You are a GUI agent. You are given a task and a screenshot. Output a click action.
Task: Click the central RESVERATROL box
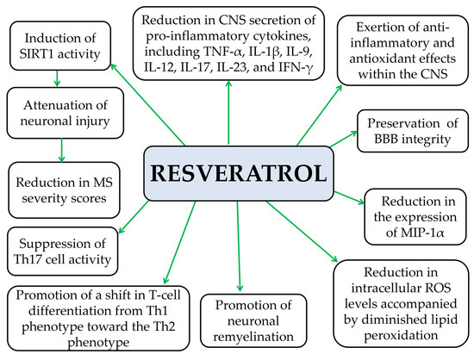tap(239, 173)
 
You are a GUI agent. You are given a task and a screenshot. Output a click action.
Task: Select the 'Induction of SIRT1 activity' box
tap(60, 46)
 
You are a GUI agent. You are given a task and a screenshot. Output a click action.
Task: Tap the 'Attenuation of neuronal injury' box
tap(65, 114)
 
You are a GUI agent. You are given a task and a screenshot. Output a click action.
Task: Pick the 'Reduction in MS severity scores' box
tap(64, 190)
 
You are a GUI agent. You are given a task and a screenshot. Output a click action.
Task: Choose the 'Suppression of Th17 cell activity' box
tap(63, 251)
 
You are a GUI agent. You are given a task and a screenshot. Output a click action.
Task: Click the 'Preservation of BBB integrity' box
tap(413, 131)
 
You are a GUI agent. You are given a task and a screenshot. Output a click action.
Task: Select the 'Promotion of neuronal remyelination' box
tap(253, 320)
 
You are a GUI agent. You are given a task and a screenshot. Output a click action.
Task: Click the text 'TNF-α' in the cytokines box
tap(224, 52)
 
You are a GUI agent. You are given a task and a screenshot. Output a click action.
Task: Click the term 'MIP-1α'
tap(422, 233)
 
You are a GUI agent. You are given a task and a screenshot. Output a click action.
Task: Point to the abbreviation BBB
tap(387, 140)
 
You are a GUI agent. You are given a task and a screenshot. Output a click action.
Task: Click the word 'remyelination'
tap(253, 337)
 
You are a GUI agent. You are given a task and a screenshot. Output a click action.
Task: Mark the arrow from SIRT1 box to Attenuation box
tap(57, 78)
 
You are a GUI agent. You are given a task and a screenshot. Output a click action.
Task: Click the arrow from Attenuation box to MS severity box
tap(62, 150)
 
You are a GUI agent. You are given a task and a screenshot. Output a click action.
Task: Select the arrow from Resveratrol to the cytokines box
tap(228, 112)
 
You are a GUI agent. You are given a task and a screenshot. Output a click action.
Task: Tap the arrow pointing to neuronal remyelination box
tap(239, 246)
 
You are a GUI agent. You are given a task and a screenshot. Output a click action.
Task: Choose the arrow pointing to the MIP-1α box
tap(349, 198)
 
